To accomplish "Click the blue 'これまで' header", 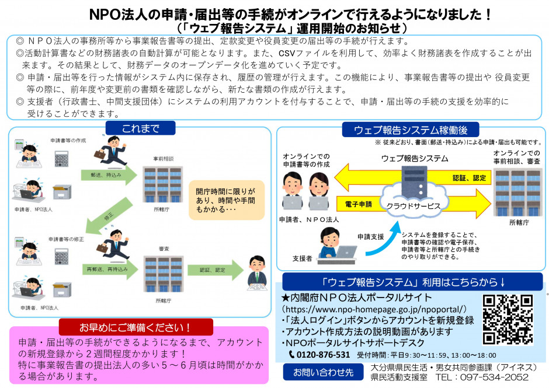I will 140,128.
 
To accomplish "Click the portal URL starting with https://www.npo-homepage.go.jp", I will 374,309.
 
